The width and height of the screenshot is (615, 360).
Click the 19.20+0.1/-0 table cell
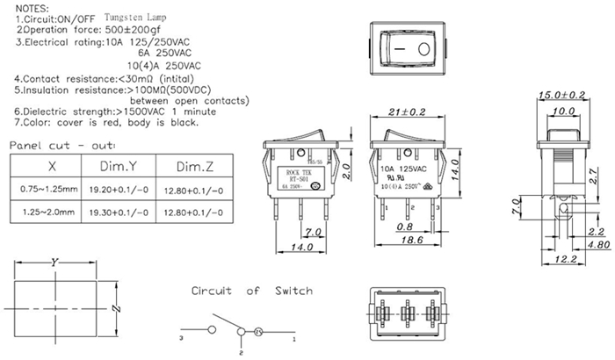[x=116, y=189]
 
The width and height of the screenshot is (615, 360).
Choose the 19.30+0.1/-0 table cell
[x=116, y=212]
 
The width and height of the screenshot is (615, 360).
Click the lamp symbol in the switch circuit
[x=258, y=333]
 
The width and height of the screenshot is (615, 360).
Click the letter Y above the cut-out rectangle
[x=55, y=263]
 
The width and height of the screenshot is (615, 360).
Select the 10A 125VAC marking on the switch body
[x=404, y=167]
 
